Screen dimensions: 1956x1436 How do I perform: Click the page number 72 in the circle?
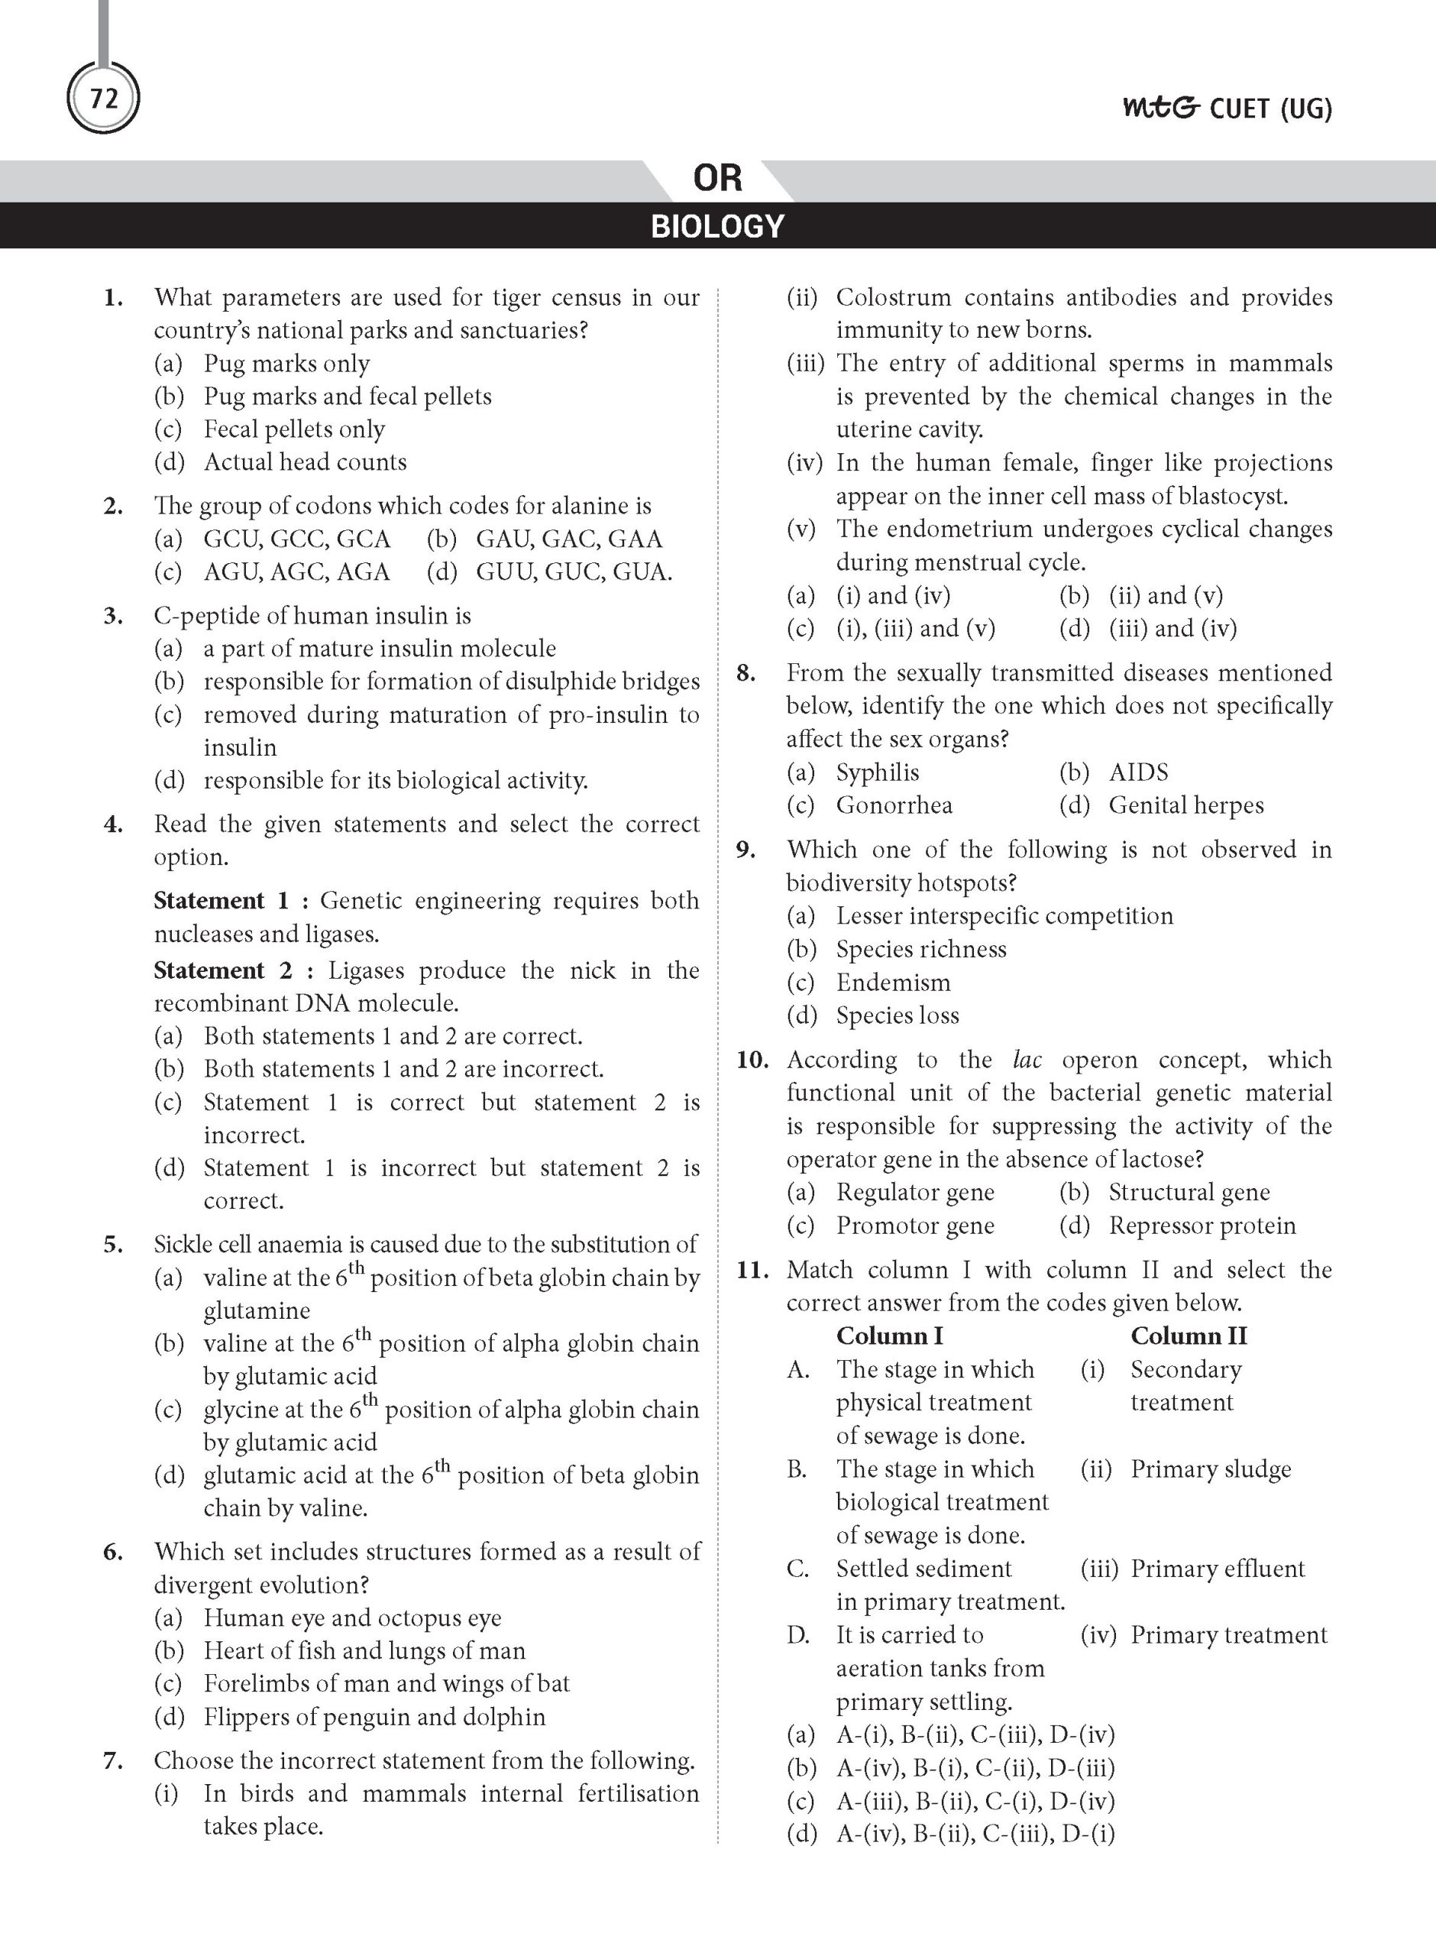[x=103, y=99]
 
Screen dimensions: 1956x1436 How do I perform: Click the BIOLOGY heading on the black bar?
[x=717, y=226]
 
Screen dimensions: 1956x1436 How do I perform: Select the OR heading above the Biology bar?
[x=717, y=178]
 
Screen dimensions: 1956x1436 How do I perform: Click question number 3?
[x=113, y=616]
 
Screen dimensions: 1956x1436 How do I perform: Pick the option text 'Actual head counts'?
[x=304, y=461]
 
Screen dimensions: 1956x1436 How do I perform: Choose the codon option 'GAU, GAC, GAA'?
[x=568, y=539]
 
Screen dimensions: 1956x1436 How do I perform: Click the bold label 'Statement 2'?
[x=222, y=970]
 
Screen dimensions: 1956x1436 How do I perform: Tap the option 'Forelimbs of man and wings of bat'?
[x=386, y=1683]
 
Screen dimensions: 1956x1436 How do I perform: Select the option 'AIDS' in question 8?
[x=1138, y=772]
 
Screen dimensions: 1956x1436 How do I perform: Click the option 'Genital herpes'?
[x=1185, y=805]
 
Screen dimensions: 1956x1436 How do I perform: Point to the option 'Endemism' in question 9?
[x=893, y=983]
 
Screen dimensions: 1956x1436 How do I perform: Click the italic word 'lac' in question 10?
[x=1027, y=1060]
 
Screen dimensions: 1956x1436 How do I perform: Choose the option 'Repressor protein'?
[x=1202, y=1226]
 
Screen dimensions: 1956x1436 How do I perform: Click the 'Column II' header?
[x=1189, y=1336]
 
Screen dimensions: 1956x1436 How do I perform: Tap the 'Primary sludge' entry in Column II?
[x=1210, y=1469]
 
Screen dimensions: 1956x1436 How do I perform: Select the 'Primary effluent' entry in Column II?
[x=1217, y=1569]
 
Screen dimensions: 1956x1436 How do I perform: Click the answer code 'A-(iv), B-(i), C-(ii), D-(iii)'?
[x=975, y=1767]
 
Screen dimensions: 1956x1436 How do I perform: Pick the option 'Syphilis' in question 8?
[x=877, y=772]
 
